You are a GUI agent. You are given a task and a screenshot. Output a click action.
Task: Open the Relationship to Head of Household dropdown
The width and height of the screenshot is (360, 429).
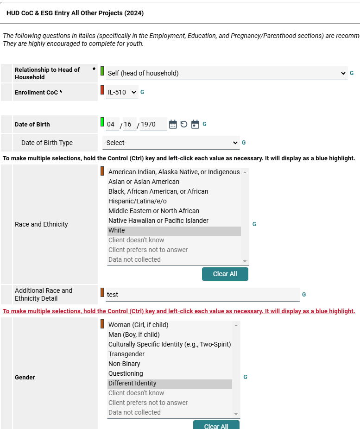(226, 73)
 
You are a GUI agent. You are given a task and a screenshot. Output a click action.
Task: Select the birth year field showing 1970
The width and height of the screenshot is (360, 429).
(152, 124)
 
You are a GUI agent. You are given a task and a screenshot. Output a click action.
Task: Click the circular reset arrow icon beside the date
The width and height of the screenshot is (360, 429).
(184, 124)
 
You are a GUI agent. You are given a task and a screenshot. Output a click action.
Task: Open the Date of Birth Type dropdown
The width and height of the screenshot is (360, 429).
(171, 143)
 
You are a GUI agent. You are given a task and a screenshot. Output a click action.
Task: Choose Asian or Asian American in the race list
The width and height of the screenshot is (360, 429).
(144, 182)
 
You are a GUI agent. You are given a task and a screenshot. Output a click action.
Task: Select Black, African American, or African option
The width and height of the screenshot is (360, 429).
(158, 191)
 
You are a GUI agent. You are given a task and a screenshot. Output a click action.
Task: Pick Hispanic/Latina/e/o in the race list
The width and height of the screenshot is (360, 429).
(137, 201)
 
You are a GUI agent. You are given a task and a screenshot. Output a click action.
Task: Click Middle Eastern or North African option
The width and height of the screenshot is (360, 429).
(153, 211)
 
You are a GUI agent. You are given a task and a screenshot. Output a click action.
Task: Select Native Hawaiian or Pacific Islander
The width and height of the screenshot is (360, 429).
(158, 221)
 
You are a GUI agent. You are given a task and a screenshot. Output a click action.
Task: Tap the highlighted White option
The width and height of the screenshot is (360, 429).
(117, 230)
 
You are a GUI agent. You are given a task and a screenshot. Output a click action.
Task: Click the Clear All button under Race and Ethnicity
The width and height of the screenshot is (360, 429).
(225, 274)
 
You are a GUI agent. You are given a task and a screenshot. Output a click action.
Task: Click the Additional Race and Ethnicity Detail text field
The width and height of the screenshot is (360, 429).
(202, 294)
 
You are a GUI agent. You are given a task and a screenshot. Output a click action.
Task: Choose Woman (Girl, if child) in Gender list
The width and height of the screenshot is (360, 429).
(138, 325)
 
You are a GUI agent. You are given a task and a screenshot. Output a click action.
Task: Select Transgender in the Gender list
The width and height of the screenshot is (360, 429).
(126, 354)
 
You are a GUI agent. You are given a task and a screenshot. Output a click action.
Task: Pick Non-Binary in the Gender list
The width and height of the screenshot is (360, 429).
(124, 364)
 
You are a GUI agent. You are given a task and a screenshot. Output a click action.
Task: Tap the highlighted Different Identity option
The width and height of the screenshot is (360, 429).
(132, 383)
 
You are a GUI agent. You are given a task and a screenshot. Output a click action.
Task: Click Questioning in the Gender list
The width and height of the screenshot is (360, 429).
(126, 373)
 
